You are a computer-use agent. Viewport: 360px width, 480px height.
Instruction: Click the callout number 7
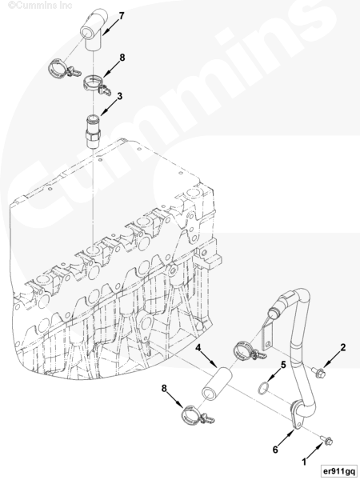click(122, 16)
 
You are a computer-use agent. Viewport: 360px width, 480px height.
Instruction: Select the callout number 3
click(119, 96)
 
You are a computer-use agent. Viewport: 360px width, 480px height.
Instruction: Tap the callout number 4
click(198, 347)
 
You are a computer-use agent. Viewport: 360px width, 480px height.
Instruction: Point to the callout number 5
click(283, 365)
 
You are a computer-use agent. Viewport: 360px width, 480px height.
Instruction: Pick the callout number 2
click(343, 347)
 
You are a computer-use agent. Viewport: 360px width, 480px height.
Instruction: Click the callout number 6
click(275, 450)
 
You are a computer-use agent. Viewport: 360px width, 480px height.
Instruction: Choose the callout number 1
click(304, 462)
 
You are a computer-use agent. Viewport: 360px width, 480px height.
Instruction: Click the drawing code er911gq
click(338, 471)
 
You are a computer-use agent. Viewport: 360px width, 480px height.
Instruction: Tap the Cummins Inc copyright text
click(40, 6)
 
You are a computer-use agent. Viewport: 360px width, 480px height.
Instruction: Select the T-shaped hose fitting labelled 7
click(94, 30)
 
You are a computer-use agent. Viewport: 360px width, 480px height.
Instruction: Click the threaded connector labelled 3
click(93, 131)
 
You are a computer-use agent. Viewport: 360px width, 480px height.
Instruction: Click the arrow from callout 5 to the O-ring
click(274, 375)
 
